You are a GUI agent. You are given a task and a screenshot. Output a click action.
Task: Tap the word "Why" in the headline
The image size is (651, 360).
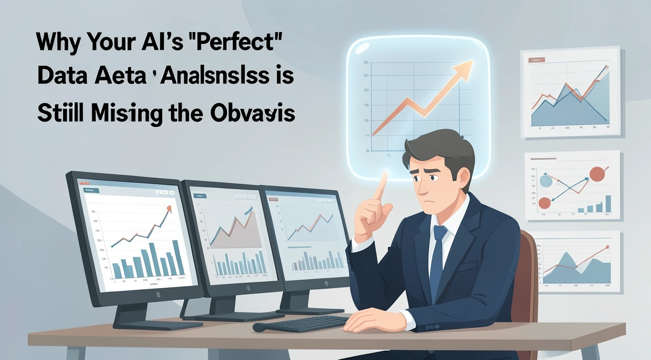[58, 42]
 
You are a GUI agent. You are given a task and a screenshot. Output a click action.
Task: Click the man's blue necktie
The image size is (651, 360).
[438, 252]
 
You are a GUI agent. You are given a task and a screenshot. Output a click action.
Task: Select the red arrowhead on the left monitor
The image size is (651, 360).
[168, 209]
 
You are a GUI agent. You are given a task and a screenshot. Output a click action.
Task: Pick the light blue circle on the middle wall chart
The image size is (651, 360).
[546, 181]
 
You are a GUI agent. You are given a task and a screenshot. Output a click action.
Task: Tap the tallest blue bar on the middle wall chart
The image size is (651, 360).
[608, 204]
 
